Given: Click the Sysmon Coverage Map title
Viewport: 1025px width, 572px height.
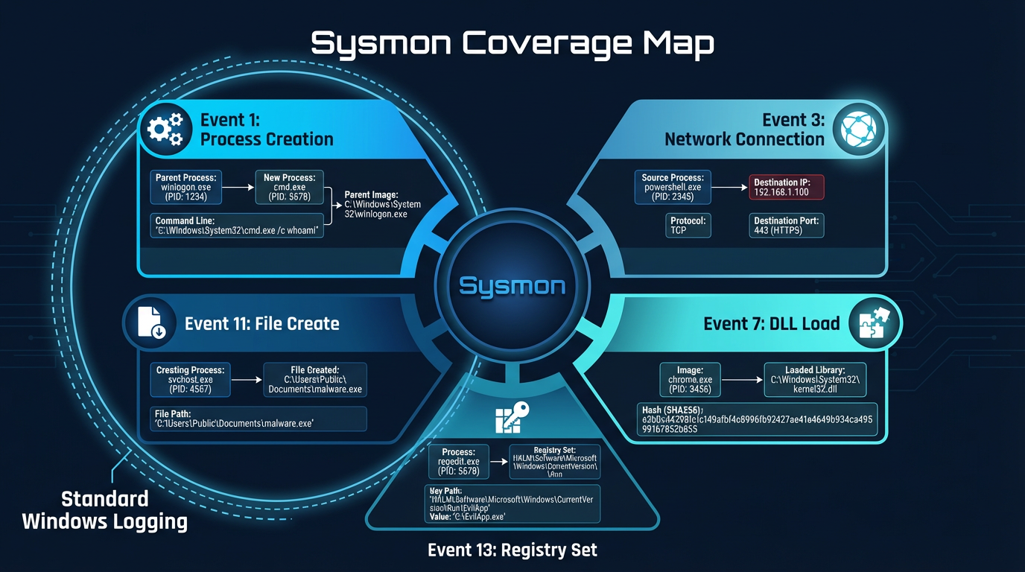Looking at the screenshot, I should coord(512,43).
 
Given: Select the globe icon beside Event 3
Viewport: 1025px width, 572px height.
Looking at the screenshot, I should coord(859,129).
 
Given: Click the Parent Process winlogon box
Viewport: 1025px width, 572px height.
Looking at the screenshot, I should coord(185,187).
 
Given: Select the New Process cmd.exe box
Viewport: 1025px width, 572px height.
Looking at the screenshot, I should coord(290,187).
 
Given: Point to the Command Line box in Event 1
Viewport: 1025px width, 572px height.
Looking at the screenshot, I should coord(236,226).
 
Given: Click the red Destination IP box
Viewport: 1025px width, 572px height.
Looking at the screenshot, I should coord(787,187).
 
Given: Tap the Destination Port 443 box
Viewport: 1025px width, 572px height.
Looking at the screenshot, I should coord(787,226).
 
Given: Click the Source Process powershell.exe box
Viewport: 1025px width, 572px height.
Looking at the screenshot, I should coord(672,187).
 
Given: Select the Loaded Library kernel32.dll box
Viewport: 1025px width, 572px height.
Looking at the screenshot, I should coord(815,380).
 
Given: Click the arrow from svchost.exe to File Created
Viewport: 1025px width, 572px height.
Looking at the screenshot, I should coord(247,380).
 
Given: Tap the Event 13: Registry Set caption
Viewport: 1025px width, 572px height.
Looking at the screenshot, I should coord(512,550).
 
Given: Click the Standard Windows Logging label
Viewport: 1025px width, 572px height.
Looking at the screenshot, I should coord(104,510).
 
